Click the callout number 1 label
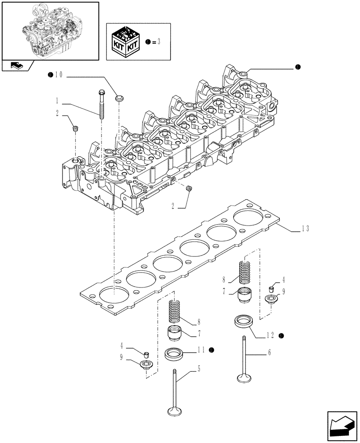click(56, 100)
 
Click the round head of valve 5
click(175, 412)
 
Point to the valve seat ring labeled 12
click(242, 321)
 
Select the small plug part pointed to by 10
click(119, 97)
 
